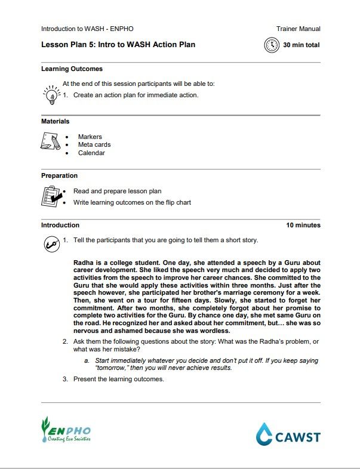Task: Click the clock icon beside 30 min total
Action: pos(272,45)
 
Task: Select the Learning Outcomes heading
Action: pos(72,69)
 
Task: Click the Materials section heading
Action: pos(55,121)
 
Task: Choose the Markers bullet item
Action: pos(90,137)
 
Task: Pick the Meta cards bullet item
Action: pos(94,144)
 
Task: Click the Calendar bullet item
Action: pos(91,153)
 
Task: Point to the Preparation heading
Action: pos(59,175)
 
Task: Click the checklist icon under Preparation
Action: pos(51,196)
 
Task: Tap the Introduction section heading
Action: pos(60,225)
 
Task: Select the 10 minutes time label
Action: pos(303,225)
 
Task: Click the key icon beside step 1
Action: pos(51,243)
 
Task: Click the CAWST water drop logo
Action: pos(264,434)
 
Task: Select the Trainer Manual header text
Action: pos(298,29)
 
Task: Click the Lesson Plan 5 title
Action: pos(118,44)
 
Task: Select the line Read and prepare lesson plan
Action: pos(117,192)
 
